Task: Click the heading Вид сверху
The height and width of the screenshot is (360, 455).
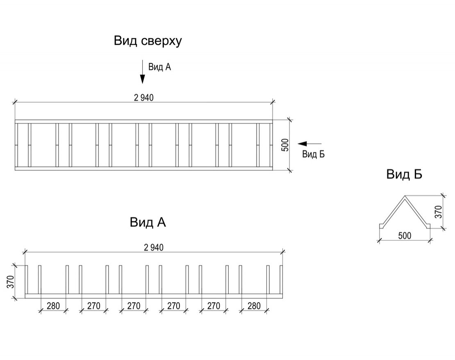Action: pos(148,41)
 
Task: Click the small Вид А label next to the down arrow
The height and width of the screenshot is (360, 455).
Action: pos(159,67)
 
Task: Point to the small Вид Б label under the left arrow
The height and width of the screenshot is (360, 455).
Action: pos(313,154)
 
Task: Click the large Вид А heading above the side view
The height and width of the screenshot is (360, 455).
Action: pos(148,222)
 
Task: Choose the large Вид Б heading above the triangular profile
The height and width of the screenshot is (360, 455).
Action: pos(404,175)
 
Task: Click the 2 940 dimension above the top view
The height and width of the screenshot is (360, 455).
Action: pos(144,98)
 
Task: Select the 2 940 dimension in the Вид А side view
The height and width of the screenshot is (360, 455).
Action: pos(154,247)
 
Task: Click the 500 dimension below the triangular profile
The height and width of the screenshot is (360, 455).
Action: pos(405,235)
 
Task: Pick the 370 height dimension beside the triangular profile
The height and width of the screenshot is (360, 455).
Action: pos(438,211)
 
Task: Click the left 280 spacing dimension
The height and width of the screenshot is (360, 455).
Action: pos(53,306)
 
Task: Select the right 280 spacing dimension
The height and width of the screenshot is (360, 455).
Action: pos(254,306)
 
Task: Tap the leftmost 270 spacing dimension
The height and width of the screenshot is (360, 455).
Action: pos(93,306)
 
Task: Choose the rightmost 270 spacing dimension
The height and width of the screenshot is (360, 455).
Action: pos(214,306)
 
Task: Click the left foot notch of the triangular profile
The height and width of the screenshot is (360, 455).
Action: pos(381,225)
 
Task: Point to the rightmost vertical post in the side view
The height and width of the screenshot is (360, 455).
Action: pos(281,280)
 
